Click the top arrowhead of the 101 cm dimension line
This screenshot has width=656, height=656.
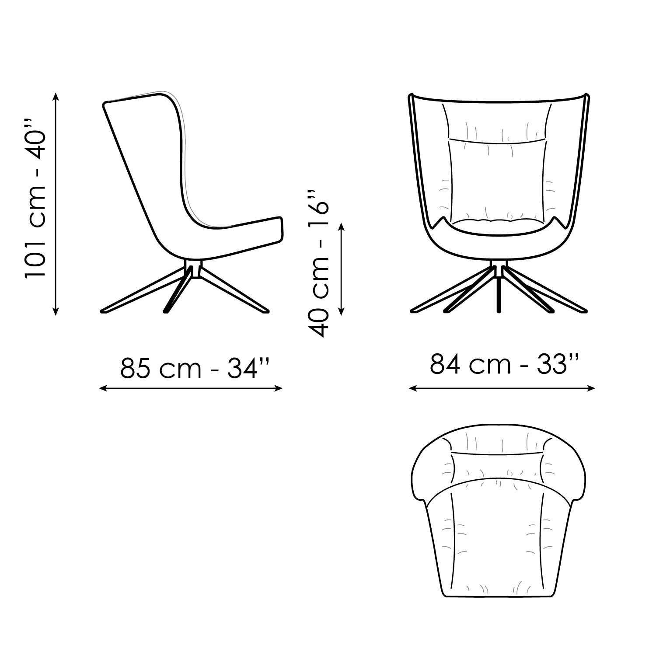[x=56, y=96]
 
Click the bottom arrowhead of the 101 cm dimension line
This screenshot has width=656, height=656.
[x=56, y=311]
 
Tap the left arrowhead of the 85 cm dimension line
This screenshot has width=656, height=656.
[x=103, y=388]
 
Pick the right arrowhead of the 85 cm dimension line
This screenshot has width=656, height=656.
[x=279, y=388]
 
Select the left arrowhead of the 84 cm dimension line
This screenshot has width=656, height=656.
[x=413, y=388]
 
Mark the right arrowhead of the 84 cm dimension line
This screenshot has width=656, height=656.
[x=591, y=388]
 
